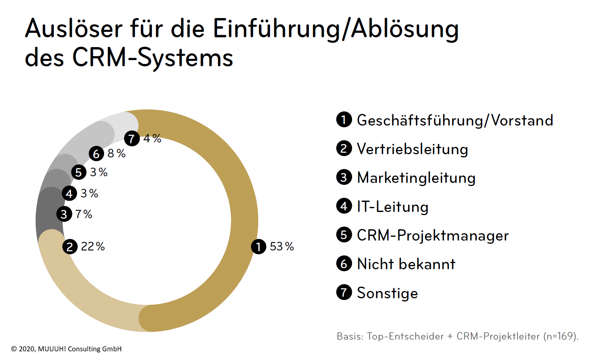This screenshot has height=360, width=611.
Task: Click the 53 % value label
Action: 282,247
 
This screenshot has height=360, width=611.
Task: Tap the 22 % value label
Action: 93,247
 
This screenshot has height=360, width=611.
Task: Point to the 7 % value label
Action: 84,214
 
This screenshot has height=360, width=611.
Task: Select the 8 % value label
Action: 117,154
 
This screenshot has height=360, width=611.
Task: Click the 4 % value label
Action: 152,139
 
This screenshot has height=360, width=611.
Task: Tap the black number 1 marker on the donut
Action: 259,247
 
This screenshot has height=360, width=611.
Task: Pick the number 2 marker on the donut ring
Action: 70,247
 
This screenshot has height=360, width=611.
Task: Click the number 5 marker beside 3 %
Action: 79,172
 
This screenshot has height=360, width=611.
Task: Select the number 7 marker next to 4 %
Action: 132,139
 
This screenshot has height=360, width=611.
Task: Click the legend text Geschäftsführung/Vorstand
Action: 455,120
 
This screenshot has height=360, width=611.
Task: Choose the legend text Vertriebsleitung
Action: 412,149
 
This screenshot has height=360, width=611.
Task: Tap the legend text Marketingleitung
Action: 416,178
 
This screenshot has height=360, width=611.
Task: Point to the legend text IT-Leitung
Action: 392,206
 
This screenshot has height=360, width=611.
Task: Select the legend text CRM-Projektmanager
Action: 432,235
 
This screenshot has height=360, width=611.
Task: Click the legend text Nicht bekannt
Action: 406,264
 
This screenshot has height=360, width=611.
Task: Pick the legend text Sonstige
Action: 387,293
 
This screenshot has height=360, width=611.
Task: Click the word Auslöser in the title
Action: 74,29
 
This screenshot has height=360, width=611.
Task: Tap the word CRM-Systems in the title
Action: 153,58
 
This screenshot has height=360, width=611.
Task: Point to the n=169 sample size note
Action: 560,336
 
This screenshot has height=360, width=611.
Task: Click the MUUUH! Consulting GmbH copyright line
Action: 66,349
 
